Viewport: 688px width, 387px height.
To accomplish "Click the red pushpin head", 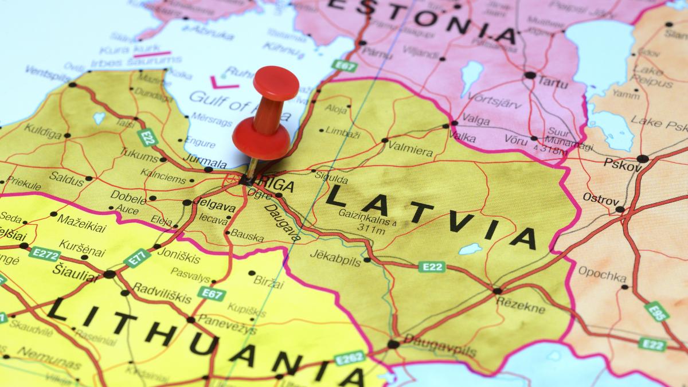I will [x=276, y=83].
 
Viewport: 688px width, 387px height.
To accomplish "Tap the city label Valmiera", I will [x=410, y=151].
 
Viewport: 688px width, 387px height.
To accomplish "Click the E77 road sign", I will [x=137, y=257].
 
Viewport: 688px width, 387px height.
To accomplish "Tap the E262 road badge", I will [x=349, y=358].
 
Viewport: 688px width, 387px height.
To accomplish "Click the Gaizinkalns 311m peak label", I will [x=367, y=225].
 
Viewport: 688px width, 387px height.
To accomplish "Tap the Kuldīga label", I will [x=42, y=134].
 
